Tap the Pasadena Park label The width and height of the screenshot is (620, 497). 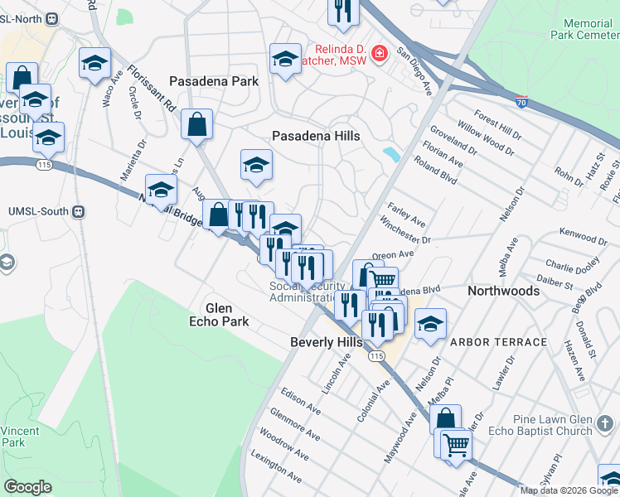click(214, 81)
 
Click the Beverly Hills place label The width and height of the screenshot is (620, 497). click(326, 342)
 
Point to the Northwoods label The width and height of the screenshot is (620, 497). click(503, 291)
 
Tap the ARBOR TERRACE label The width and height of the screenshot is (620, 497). click(498, 342)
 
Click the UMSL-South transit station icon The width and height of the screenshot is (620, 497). click(79, 211)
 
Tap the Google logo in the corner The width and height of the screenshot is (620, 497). click(28, 487)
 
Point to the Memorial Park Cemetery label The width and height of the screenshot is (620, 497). click(584, 30)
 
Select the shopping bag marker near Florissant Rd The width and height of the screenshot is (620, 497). click(198, 126)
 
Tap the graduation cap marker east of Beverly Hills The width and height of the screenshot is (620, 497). click(430, 324)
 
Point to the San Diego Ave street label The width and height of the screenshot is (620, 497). click(414, 70)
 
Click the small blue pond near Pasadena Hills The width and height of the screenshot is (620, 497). click(390, 153)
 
